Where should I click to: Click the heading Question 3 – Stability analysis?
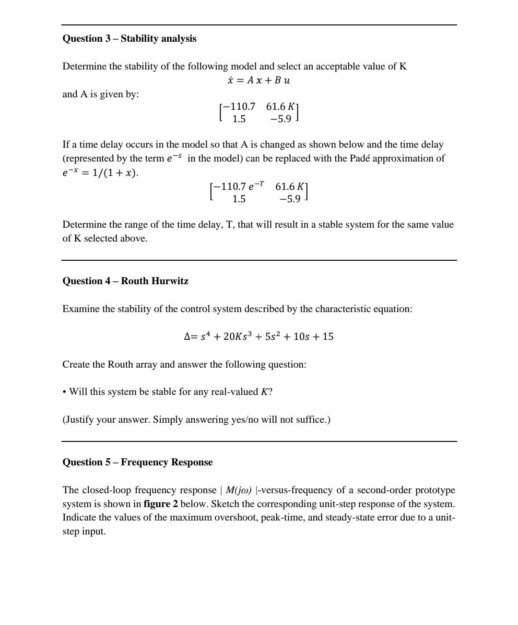click(x=129, y=38)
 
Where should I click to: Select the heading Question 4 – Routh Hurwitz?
click(x=125, y=281)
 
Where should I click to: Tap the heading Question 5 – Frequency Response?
click(x=137, y=462)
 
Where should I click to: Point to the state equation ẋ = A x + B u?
click(x=259, y=80)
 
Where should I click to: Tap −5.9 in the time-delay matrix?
click(x=290, y=198)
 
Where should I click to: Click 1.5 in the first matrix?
click(x=239, y=119)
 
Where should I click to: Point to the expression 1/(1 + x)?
click(x=115, y=173)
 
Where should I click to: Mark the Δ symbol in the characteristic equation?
click(x=188, y=336)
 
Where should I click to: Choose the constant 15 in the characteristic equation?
click(x=328, y=336)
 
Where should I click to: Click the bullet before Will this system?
click(x=64, y=392)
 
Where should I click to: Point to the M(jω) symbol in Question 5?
click(x=238, y=490)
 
